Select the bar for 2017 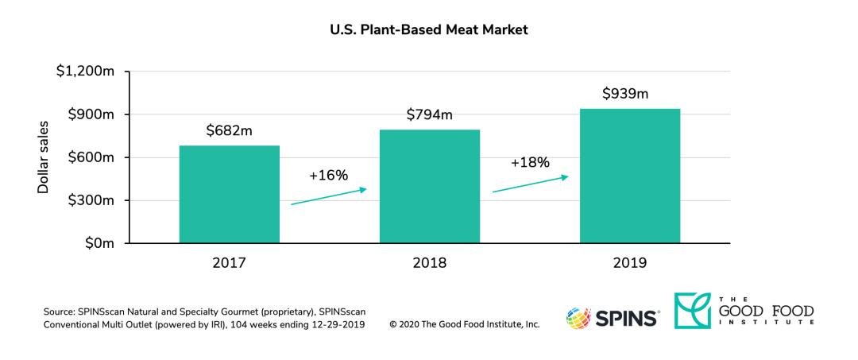pyautogui.click(x=229, y=194)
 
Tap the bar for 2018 pyautogui.click(x=429, y=186)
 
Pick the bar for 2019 pyautogui.click(x=629, y=176)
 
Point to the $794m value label pyautogui.click(x=429, y=115)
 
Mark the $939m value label pyautogui.click(x=625, y=95)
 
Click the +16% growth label pyautogui.click(x=328, y=175)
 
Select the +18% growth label pyautogui.click(x=530, y=162)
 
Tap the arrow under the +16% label pyautogui.click(x=328, y=196)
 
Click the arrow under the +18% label pyautogui.click(x=530, y=184)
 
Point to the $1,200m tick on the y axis pyautogui.click(x=85, y=72)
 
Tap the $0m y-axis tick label pyautogui.click(x=99, y=243)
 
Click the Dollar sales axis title pyautogui.click(x=44, y=157)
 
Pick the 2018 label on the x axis pyautogui.click(x=429, y=263)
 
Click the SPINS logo pyautogui.click(x=611, y=318)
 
